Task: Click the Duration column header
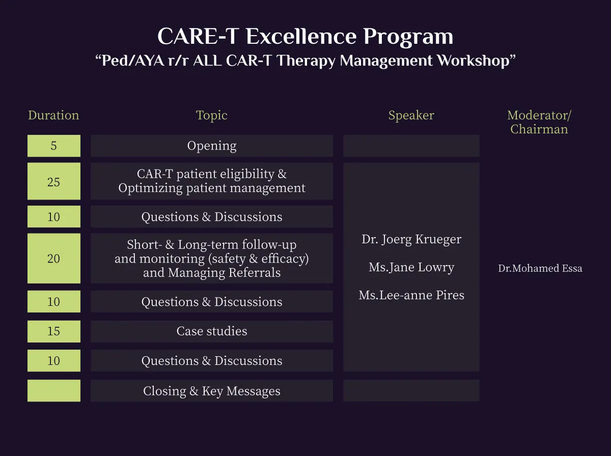[x=53, y=115]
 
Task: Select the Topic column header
[x=211, y=116]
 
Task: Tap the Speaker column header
[x=411, y=116]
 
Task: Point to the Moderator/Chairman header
[x=539, y=122]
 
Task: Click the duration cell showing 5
[x=54, y=146]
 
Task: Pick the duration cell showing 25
[x=54, y=181]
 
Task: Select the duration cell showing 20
[x=54, y=258]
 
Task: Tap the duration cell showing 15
[x=54, y=331]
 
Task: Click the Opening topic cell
[x=211, y=146]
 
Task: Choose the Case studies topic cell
[x=211, y=331]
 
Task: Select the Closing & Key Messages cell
[x=211, y=391]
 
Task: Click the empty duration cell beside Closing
[x=54, y=391]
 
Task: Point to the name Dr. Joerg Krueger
[x=411, y=239]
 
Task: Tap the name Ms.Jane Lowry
[x=411, y=267]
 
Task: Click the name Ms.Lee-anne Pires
[x=411, y=295]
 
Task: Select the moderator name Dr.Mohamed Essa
[x=540, y=268]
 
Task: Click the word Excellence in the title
[x=301, y=36]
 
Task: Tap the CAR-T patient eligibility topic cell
[x=211, y=181]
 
